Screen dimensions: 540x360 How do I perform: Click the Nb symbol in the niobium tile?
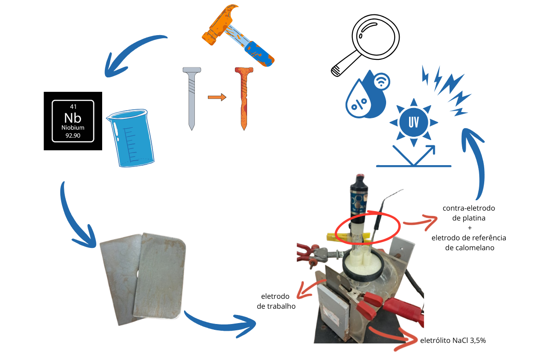pos(72,118)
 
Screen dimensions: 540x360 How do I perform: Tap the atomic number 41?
pos(73,107)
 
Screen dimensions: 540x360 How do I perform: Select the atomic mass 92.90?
pos(73,135)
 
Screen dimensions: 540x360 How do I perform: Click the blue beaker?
pos(130,138)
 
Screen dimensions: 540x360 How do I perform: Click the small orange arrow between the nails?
pos(217,97)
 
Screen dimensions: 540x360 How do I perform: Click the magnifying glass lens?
pos(375,37)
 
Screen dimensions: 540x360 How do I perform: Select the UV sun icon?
pos(414,122)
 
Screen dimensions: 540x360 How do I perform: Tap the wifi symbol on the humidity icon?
pos(382,81)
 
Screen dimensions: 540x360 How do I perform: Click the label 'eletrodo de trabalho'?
pos(276,301)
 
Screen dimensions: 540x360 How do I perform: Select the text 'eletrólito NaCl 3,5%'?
pos(453,341)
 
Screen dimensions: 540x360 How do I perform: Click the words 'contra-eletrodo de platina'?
pos(468,213)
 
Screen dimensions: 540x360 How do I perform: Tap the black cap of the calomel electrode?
pos(359,183)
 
